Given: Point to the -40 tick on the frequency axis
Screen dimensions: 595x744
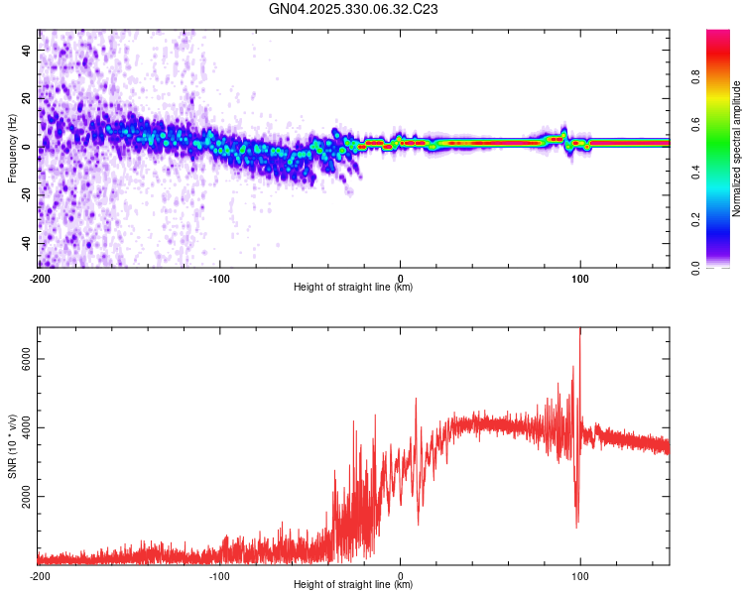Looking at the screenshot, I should (x=25, y=243).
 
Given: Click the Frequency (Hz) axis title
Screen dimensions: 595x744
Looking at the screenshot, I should (x=11, y=148).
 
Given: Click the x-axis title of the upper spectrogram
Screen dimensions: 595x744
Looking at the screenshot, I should (x=354, y=287).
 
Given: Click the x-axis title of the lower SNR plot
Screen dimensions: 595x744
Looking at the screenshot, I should (x=354, y=584).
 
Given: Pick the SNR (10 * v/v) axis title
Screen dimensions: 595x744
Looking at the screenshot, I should (x=11, y=445).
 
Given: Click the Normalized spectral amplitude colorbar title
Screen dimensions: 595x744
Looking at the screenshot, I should (x=736, y=148).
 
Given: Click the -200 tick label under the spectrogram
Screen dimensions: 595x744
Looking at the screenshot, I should (x=40, y=278).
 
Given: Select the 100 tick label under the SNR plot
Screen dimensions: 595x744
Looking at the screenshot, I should (x=580, y=575).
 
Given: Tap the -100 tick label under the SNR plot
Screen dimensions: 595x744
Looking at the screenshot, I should (x=219, y=575).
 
